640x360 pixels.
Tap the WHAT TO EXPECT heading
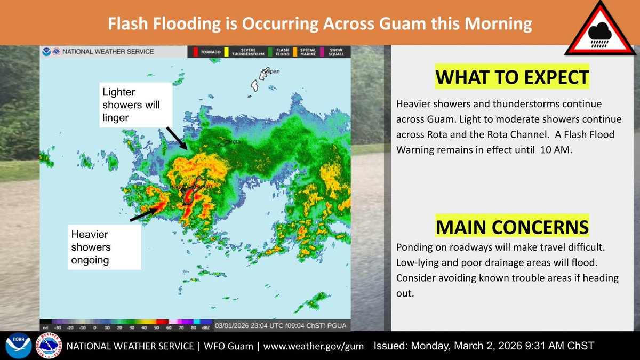tap(512, 78)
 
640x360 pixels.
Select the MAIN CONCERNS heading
tap(512, 227)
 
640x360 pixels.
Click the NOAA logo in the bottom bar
tap(15, 346)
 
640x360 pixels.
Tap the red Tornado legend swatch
tap(195, 52)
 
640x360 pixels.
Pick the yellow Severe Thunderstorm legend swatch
tap(227, 52)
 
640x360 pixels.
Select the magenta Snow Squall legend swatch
tap(321, 52)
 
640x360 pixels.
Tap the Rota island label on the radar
tap(235, 142)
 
